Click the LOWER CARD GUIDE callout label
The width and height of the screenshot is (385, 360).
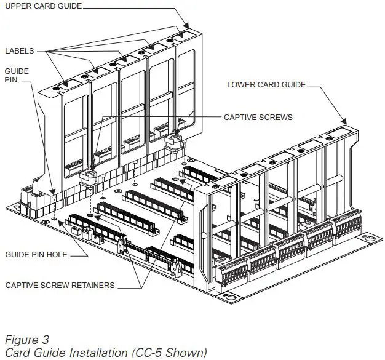(x=265, y=84)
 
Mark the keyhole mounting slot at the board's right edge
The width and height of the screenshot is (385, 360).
(x=369, y=238)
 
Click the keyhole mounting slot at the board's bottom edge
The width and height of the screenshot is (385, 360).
(x=228, y=298)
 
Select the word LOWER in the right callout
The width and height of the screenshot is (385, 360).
(x=240, y=84)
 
